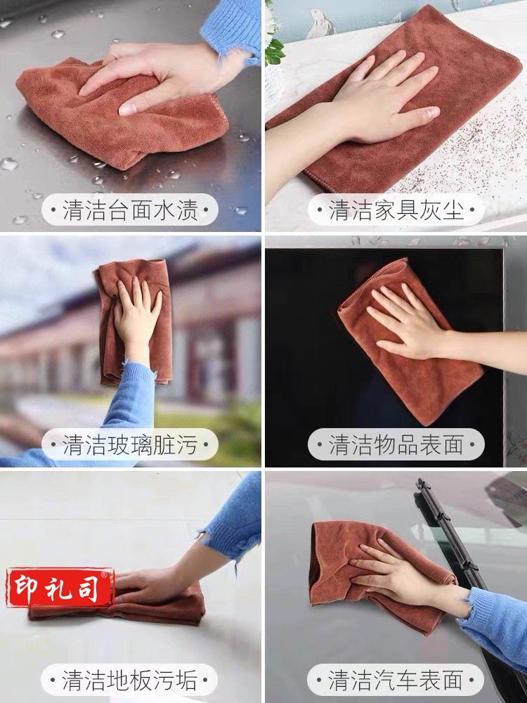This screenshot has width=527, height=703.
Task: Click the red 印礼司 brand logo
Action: pyautogui.click(x=60, y=587)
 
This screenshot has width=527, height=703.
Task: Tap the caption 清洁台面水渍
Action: pyautogui.click(x=130, y=209)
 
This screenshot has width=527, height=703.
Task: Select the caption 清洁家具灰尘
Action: pyautogui.click(x=396, y=209)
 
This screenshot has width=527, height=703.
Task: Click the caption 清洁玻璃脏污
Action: pyautogui.click(x=130, y=444)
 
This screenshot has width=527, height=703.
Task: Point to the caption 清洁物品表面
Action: pyautogui.click(x=396, y=444)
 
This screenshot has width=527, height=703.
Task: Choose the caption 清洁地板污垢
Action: pyautogui.click(x=129, y=680)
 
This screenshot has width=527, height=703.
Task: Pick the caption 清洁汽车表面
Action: pyautogui.click(x=396, y=680)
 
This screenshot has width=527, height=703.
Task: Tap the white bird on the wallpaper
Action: pyautogui.click(x=321, y=23)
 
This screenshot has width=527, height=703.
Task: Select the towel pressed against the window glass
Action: pyautogui.click(x=133, y=321)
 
